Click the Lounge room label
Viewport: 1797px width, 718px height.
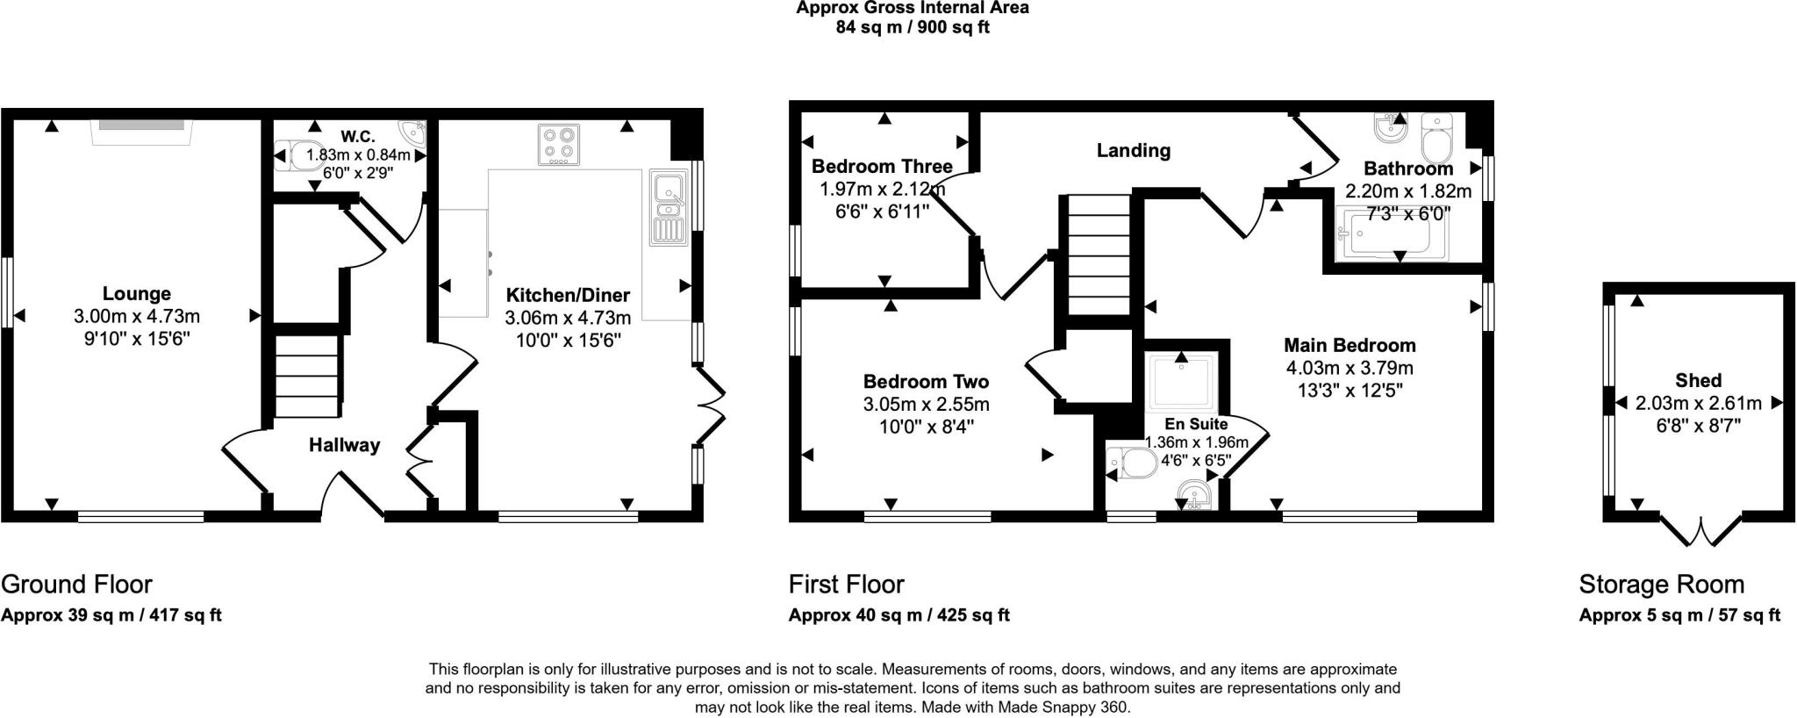136,293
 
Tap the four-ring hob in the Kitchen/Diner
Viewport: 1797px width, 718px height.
559,145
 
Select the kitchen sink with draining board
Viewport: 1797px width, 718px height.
669,208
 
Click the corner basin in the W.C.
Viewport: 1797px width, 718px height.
412,133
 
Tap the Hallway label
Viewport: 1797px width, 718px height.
344,445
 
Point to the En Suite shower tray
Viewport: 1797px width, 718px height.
1180,383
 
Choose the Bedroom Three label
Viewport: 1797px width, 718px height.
882,166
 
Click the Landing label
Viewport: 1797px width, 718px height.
1133,150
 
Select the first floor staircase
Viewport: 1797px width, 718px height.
1097,255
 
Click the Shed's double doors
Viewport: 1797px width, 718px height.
1701,529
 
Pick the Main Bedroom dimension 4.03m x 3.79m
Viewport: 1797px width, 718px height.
1350,368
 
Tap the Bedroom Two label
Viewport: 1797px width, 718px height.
926,381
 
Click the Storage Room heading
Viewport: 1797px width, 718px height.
1662,585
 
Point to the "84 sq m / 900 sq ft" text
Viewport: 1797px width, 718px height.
913,27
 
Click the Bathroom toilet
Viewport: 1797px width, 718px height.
1437,138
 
